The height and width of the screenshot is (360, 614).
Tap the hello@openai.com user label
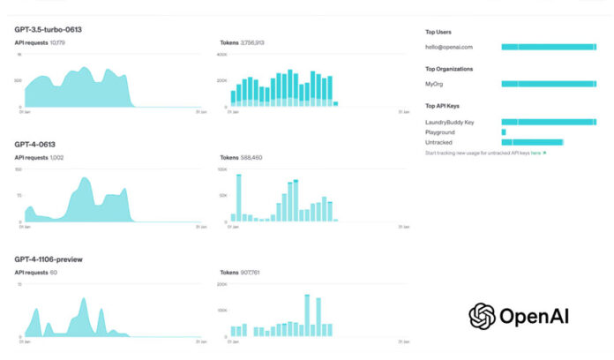448,46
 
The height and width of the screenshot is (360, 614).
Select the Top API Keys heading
442,107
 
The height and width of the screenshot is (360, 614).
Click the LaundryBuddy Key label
450,122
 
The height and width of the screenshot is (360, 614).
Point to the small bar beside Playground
504,131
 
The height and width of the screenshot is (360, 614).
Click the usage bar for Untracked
532,142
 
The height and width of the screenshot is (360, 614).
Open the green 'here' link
535,153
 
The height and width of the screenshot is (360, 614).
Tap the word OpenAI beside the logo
535,316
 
